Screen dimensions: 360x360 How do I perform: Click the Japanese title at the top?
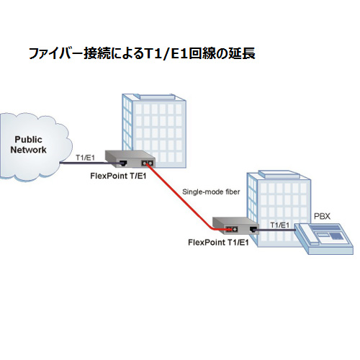tap(142, 53)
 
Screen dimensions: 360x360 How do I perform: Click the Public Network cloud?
tap(34, 146)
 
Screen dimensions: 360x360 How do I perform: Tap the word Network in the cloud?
tap(28, 150)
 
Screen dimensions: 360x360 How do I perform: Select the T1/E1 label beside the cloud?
tap(85, 158)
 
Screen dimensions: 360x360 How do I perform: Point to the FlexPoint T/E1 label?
tap(118, 176)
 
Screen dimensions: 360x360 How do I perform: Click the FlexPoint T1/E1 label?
tap(218, 243)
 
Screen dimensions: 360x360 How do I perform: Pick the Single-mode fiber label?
tap(211, 192)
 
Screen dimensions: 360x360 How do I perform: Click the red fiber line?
tap(182, 198)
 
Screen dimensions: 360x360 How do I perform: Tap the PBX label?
tap(322, 216)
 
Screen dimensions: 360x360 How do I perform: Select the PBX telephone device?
tap(324, 238)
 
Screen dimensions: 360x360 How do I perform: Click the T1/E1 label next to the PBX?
tap(280, 225)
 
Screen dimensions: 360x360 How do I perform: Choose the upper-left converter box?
tap(130, 159)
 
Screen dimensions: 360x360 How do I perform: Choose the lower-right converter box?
tap(235, 226)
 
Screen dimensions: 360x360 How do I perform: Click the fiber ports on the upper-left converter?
tap(148, 163)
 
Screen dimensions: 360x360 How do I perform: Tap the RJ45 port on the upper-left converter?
tap(124, 163)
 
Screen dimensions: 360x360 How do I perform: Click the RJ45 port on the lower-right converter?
tap(253, 230)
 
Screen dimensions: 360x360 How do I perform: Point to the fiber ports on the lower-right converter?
tap(231, 229)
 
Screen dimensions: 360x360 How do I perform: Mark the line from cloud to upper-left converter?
tap(91, 163)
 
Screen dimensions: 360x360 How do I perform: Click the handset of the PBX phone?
tap(307, 235)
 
